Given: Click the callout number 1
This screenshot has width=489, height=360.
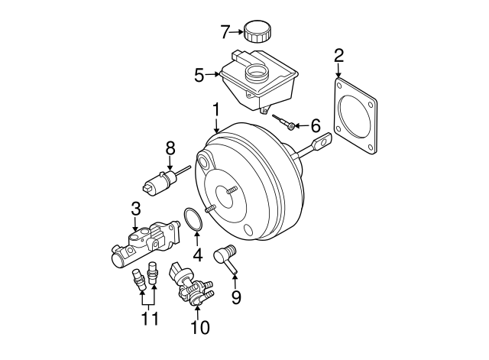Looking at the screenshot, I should (x=216, y=111).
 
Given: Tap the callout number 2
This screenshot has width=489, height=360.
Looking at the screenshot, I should (x=339, y=55).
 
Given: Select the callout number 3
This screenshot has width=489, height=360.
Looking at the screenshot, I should (x=135, y=208).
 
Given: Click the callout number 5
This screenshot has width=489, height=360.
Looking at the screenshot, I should (x=199, y=75).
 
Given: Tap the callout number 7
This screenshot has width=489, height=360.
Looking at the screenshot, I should (x=225, y=32).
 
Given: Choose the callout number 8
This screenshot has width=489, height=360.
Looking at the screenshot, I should (x=170, y=148).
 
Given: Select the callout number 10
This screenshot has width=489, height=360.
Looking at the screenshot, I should (x=199, y=328).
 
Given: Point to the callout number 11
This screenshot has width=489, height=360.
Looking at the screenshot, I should (x=150, y=318).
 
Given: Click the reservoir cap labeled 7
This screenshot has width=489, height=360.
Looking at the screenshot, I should (x=258, y=31).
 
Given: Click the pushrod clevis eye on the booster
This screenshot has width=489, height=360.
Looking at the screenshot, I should (x=324, y=141).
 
